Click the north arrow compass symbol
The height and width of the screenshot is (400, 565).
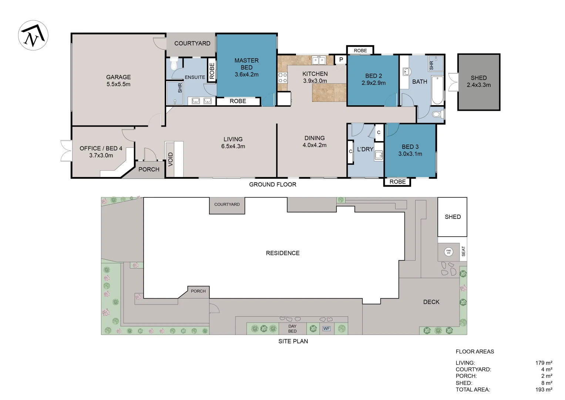pyautogui.click(x=33, y=35)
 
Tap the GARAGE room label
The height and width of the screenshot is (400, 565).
pyautogui.click(x=118, y=77)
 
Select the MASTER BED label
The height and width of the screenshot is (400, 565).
pyautogui.click(x=246, y=64)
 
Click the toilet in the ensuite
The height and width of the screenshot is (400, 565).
pyautogui.click(x=174, y=64)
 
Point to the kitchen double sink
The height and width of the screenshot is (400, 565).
pyautogui.click(x=319, y=60)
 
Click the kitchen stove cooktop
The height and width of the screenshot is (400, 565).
pyautogui.click(x=283, y=77)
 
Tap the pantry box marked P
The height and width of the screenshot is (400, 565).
pyautogui.click(x=341, y=60)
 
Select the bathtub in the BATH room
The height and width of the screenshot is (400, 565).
pyautogui.click(x=437, y=90)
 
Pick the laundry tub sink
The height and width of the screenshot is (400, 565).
pyautogui.click(x=379, y=155)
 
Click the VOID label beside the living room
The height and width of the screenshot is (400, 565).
pyautogui.click(x=171, y=159)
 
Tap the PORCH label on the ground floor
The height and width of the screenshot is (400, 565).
pyautogui.click(x=149, y=169)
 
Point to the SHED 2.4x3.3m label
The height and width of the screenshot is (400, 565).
pyautogui.click(x=478, y=81)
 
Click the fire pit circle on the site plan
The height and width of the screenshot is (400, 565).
pyautogui.click(x=448, y=252)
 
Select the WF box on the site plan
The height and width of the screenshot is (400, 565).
pyautogui.click(x=326, y=329)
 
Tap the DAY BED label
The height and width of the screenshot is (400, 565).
pyautogui.click(x=292, y=329)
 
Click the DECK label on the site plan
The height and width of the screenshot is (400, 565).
pyautogui.click(x=431, y=302)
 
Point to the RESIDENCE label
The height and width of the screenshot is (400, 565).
pyautogui.click(x=283, y=253)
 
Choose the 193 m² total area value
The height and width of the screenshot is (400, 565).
pyautogui.click(x=544, y=389)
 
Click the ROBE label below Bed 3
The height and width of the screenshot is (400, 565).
pyautogui.click(x=397, y=181)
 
